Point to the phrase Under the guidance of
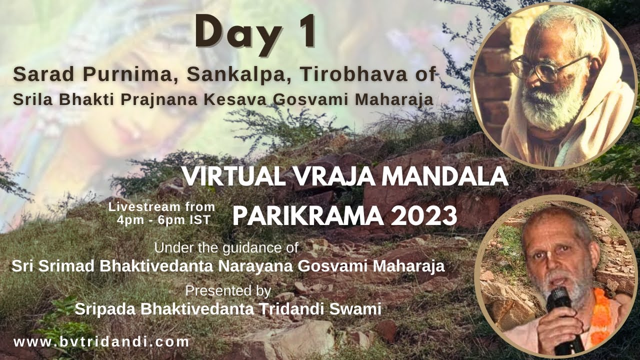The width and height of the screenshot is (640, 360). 226,247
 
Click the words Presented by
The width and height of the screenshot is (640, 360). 228,290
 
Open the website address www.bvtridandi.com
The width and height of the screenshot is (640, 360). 101,342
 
